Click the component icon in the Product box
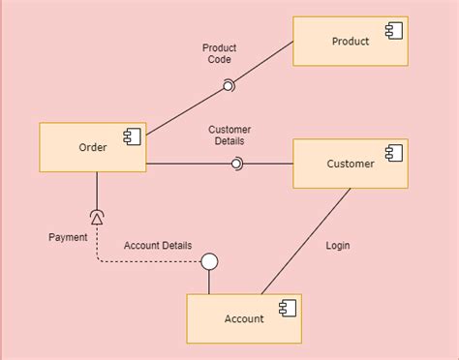point(393,31)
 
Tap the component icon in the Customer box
point(393,153)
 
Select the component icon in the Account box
point(287,308)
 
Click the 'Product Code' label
point(220,53)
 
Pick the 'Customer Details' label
point(229,135)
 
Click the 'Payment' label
point(68,237)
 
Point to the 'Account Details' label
point(158,246)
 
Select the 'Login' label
point(338,246)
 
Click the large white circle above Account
point(209,261)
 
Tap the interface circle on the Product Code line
point(229,87)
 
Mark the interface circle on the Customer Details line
point(236,164)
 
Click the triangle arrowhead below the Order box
point(97,215)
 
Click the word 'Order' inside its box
point(92,148)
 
